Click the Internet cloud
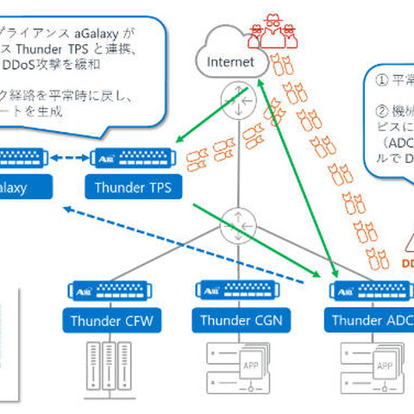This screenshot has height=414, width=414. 225,57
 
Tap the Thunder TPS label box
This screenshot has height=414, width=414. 131,186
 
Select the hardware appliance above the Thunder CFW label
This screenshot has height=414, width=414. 110,293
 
